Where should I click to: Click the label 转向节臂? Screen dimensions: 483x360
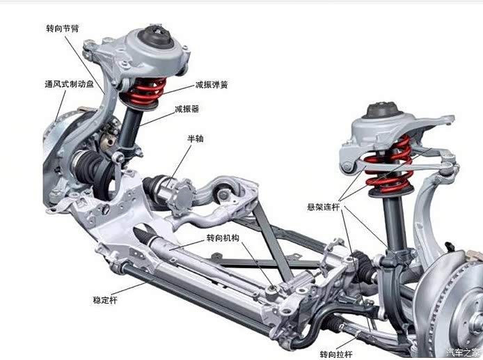coord(63,29)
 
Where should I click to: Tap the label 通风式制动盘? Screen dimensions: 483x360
coord(70,84)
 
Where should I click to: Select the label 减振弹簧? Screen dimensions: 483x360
coord(212,85)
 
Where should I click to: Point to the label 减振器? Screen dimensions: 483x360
coord(187,109)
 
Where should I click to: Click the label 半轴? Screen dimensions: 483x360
coord(196,139)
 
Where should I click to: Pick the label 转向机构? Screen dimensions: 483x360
coord(223,237)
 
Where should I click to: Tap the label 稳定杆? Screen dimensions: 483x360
coord(105,300)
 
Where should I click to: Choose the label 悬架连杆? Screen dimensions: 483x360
coord(324,207)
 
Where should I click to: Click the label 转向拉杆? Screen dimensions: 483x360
coord(336,354)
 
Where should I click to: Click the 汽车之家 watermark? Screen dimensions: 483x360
coord(464,352)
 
